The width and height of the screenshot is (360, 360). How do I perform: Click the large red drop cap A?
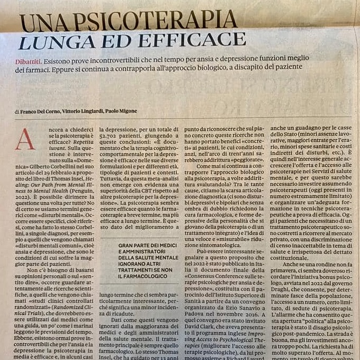tap(25, 139)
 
